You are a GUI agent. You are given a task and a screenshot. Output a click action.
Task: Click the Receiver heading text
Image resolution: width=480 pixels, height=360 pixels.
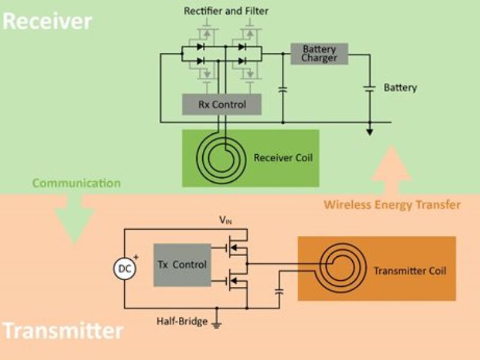pyautogui.click(x=47, y=21)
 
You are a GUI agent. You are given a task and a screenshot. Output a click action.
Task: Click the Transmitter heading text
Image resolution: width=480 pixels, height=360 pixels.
pyautogui.click(x=62, y=331)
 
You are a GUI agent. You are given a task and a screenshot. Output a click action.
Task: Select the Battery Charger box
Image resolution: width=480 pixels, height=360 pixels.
pyautogui.click(x=319, y=53)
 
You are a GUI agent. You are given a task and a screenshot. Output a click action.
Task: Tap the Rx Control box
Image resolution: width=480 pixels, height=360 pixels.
pyautogui.click(x=222, y=104)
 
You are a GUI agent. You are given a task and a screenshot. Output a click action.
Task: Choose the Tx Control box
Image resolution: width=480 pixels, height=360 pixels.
pyautogui.click(x=182, y=265)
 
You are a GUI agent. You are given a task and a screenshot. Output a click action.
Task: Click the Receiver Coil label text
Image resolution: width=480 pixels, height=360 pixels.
pyautogui.click(x=283, y=158)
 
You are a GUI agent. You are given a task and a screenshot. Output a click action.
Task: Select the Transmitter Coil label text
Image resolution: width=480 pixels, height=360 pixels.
pyautogui.click(x=410, y=271)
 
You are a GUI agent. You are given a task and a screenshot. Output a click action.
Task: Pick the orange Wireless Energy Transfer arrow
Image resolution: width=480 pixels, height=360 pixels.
pyautogui.click(x=391, y=170)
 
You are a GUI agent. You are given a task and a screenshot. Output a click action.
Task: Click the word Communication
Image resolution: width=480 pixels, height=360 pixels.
pyautogui.click(x=76, y=183)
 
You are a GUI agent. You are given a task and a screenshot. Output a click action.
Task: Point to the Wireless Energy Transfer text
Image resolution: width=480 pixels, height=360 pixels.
pyautogui.click(x=392, y=205)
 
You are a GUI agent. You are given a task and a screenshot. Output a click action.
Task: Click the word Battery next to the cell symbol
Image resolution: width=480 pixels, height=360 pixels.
pyautogui.click(x=400, y=88)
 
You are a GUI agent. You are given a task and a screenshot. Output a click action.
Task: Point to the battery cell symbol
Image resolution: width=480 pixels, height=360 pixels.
pyautogui.click(x=370, y=88)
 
